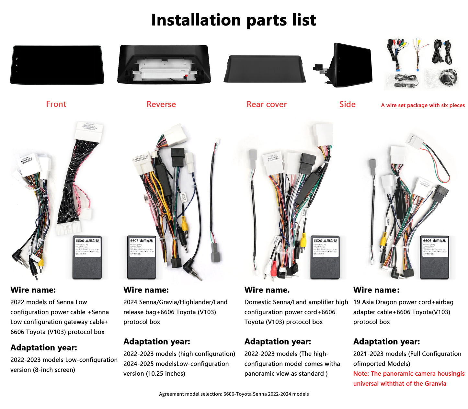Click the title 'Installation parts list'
point(234,20)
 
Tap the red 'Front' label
point(56,104)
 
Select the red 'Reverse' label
point(161,104)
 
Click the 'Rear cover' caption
point(267,104)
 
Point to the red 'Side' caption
point(347,104)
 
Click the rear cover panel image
point(265,69)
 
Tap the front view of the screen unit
point(57,65)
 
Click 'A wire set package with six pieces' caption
point(423,105)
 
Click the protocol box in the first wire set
point(87,257)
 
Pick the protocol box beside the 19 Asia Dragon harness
point(434,257)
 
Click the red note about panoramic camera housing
point(409,379)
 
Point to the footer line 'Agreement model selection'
point(234,394)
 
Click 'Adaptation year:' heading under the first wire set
point(44,347)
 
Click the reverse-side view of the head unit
point(164,65)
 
